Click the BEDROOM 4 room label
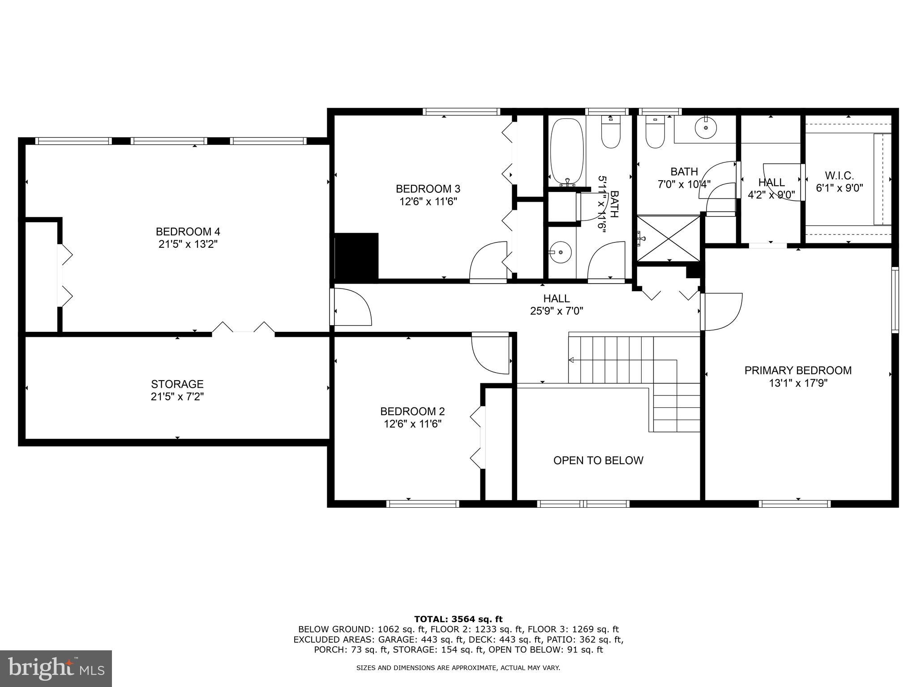pyautogui.click(x=188, y=232)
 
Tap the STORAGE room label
pyautogui.click(x=177, y=384)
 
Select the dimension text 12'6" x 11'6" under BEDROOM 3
pyautogui.click(x=428, y=201)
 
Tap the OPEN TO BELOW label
pyautogui.click(x=598, y=461)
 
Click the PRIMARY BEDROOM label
pyautogui.click(x=798, y=370)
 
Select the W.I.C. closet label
pyautogui.click(x=839, y=176)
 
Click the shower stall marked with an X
pyautogui.click(x=668, y=238)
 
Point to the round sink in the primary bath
pyautogui.click(x=706, y=127)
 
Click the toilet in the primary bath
pyautogui.click(x=655, y=133)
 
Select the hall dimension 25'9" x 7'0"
pyautogui.click(x=557, y=311)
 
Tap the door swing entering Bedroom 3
pyautogui.click(x=488, y=262)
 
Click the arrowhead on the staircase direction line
pyautogui.click(x=571, y=360)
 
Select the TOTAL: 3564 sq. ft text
pyautogui.click(x=458, y=619)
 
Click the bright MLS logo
pyautogui.click(x=56, y=668)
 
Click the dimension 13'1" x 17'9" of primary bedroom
pyautogui.click(x=798, y=383)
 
